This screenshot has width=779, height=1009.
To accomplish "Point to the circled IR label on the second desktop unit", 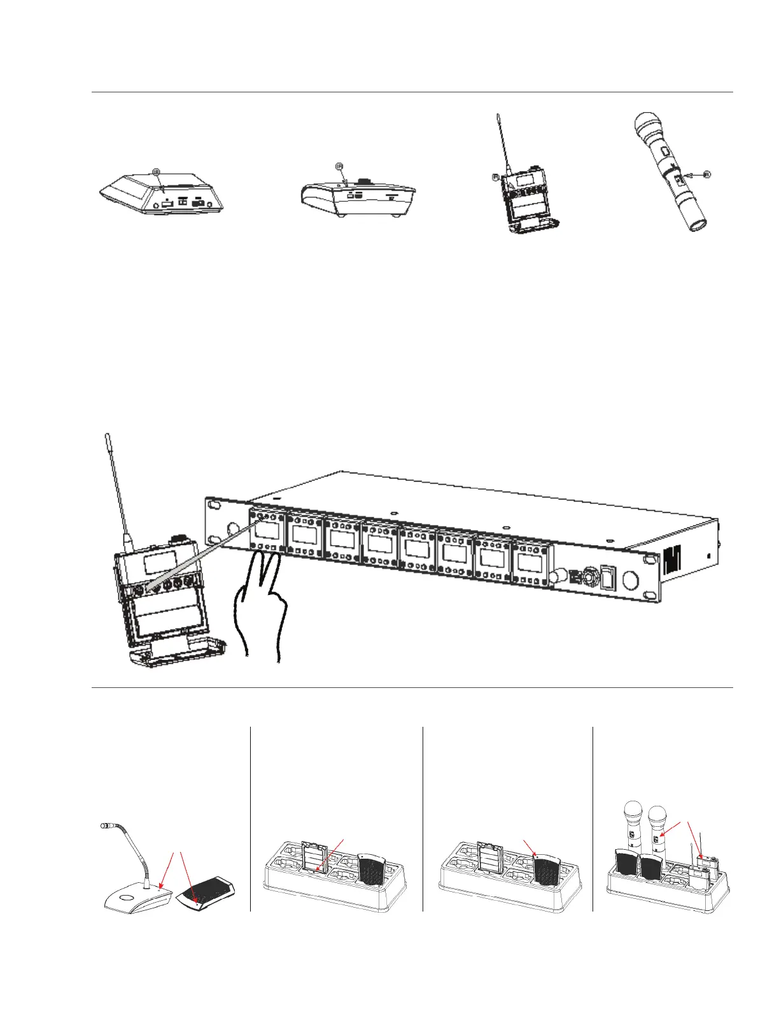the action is (339, 166).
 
